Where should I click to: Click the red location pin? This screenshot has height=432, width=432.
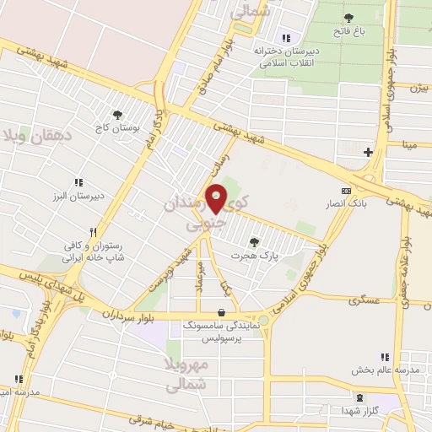click(216, 198)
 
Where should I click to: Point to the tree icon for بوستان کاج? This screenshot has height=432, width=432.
click(117, 114)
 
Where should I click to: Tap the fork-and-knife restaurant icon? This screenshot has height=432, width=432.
click(94, 230)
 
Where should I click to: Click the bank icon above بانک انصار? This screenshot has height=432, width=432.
click(345, 191)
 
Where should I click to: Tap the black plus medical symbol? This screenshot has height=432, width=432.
click(367, 152)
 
